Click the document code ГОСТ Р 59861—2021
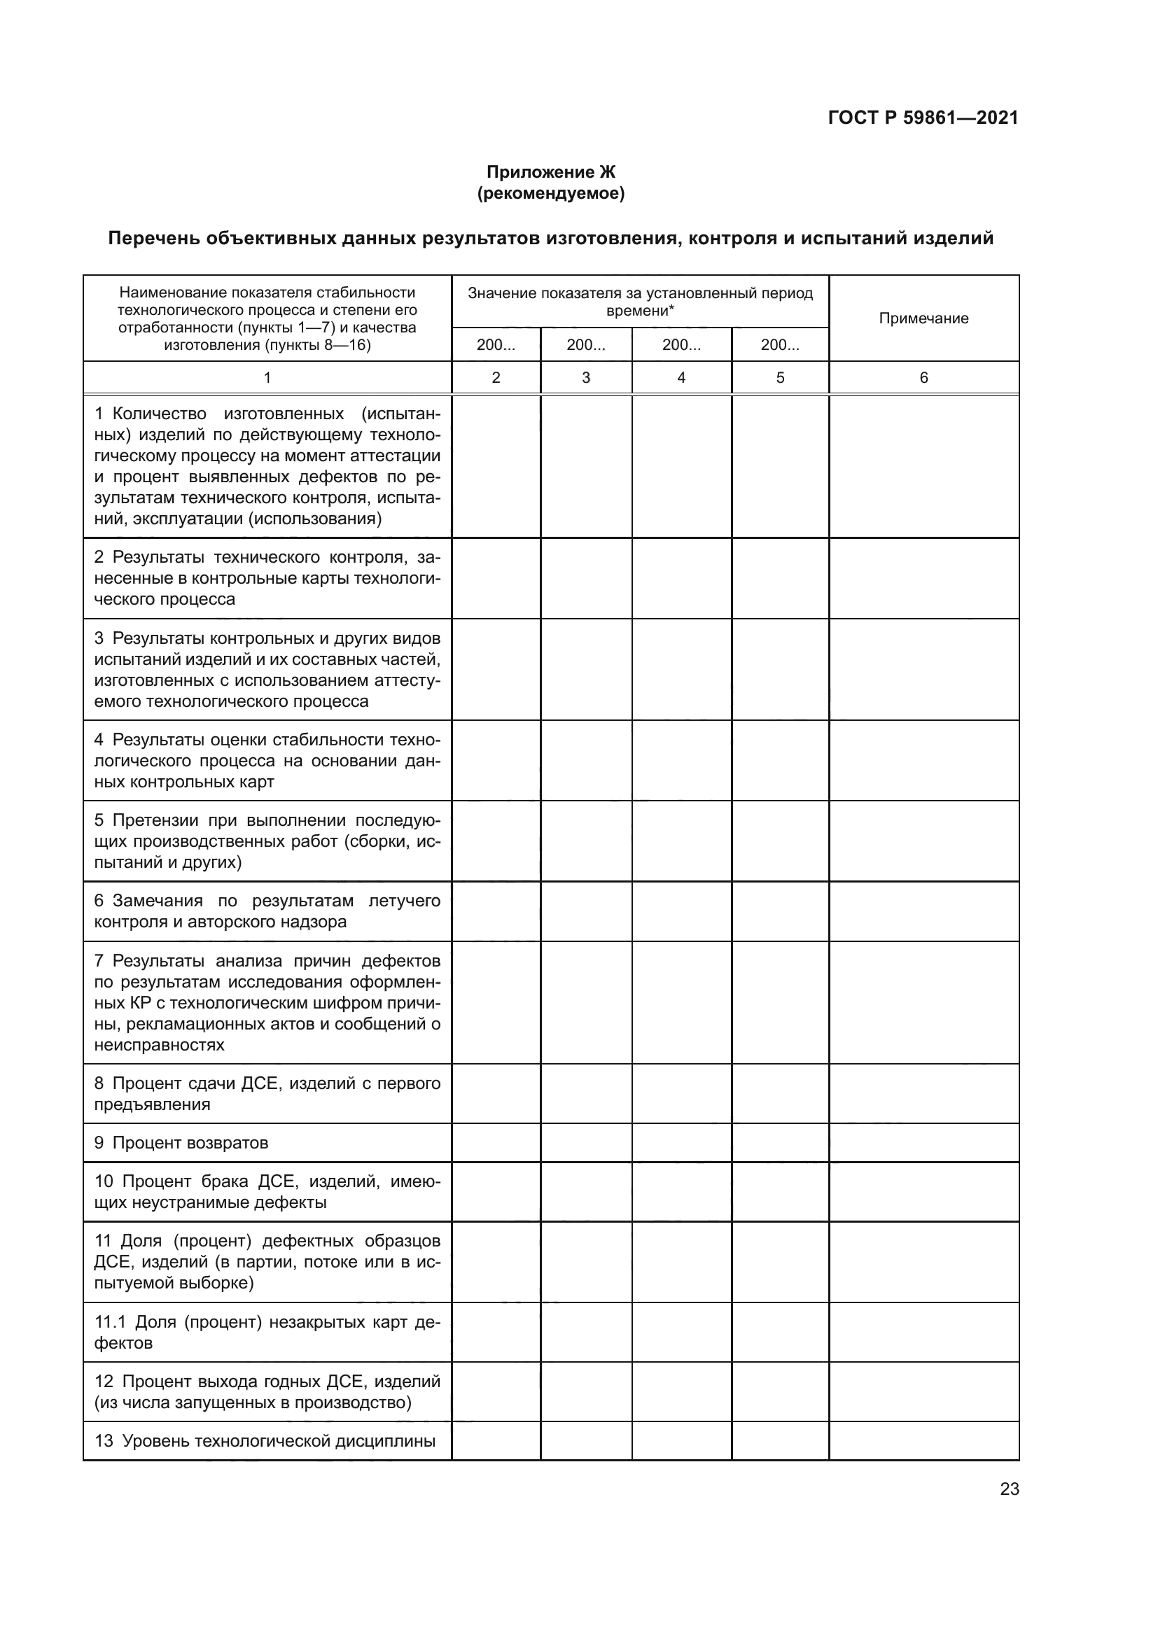point(923,118)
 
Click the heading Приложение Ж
point(550,172)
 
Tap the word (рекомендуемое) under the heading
point(550,193)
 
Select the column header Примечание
point(923,318)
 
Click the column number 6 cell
point(923,378)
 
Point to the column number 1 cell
point(267,378)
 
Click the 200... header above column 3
point(585,345)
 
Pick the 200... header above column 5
point(779,345)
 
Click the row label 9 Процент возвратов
point(181,1143)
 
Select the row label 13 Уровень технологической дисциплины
point(265,1441)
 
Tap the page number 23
point(1009,1489)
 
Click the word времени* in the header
point(640,311)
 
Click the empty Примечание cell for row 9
point(923,1143)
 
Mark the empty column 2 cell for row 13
point(496,1441)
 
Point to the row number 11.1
point(110,1322)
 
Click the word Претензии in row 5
point(155,820)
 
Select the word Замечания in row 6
point(157,901)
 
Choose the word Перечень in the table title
point(153,238)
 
